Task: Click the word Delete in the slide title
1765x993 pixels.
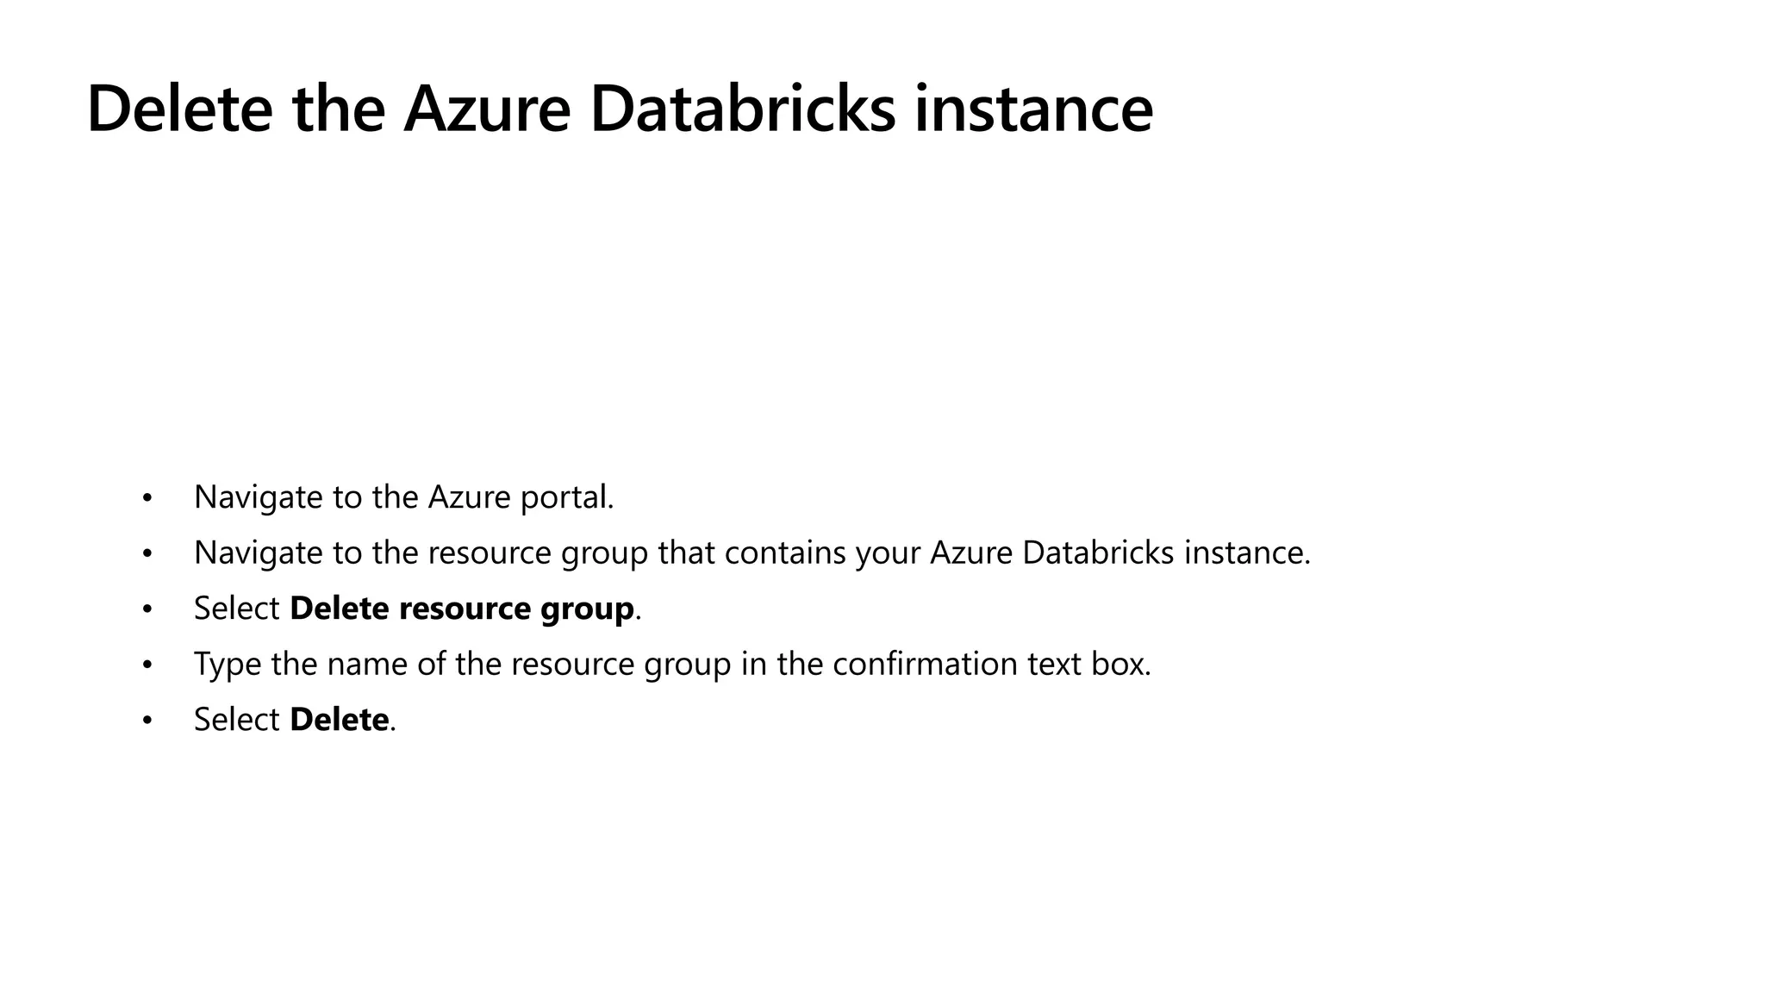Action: [x=179, y=109]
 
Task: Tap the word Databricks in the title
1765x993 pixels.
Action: [x=742, y=109]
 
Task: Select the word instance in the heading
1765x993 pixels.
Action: [x=1032, y=109]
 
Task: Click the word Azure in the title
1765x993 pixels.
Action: [x=486, y=109]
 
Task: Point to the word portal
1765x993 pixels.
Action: [x=566, y=497]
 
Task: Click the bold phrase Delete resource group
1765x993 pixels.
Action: [x=462, y=609]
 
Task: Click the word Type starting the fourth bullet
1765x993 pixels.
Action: [x=227, y=664]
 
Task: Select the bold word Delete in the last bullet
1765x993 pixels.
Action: [x=339, y=720]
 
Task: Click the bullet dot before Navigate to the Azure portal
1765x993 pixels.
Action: [x=147, y=498]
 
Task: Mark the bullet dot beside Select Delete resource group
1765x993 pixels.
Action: [x=147, y=609]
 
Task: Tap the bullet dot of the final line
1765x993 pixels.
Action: [x=147, y=721]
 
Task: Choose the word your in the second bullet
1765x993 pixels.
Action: [x=888, y=553]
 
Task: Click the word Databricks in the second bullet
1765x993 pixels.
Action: [x=1097, y=553]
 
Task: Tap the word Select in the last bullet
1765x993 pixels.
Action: [x=236, y=720]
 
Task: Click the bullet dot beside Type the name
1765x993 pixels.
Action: [x=147, y=665]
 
